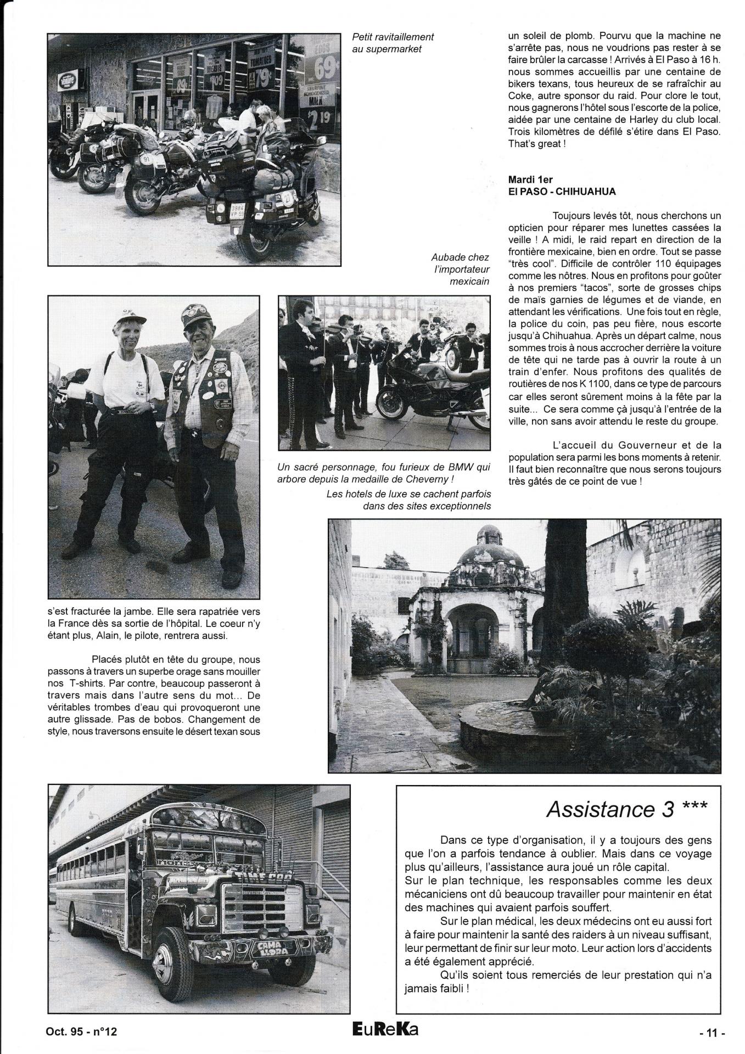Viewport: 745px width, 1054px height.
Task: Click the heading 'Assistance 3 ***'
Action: click(626, 809)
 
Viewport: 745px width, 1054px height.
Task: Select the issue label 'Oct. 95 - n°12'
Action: click(82, 1031)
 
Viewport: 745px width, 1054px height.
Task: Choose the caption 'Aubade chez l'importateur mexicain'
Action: click(460, 270)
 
